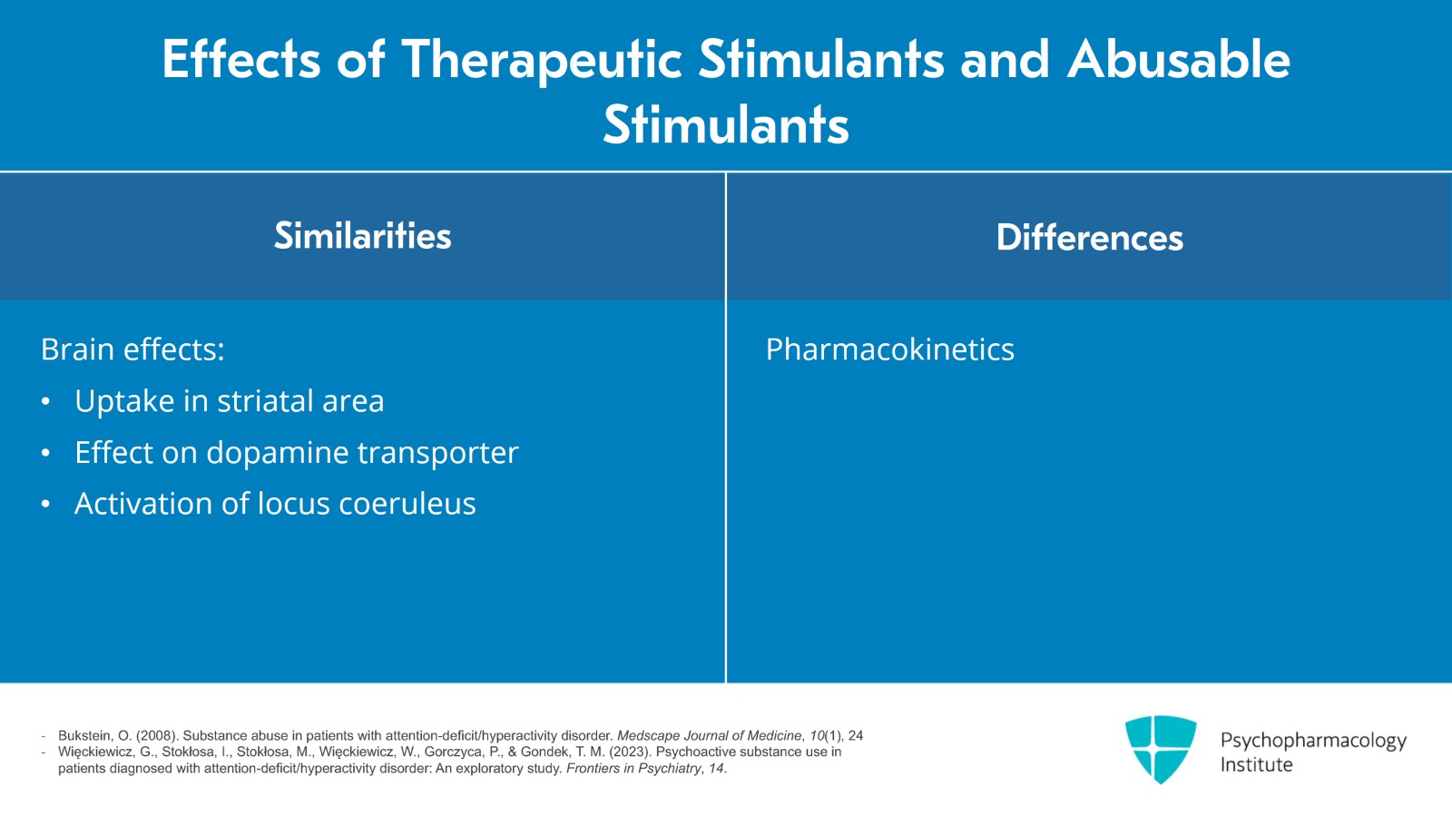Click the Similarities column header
(x=362, y=236)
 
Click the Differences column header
(x=1089, y=238)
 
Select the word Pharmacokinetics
(x=889, y=349)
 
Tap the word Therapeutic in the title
(x=541, y=60)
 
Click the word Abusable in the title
(x=1178, y=60)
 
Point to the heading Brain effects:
(x=132, y=349)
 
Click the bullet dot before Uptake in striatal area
(x=45, y=401)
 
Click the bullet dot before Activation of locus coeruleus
(x=45, y=504)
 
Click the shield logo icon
(x=1160, y=748)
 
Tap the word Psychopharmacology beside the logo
(x=1312, y=741)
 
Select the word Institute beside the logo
(x=1256, y=765)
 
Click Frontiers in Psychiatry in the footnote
(x=633, y=768)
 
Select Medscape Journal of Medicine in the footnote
(x=709, y=735)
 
